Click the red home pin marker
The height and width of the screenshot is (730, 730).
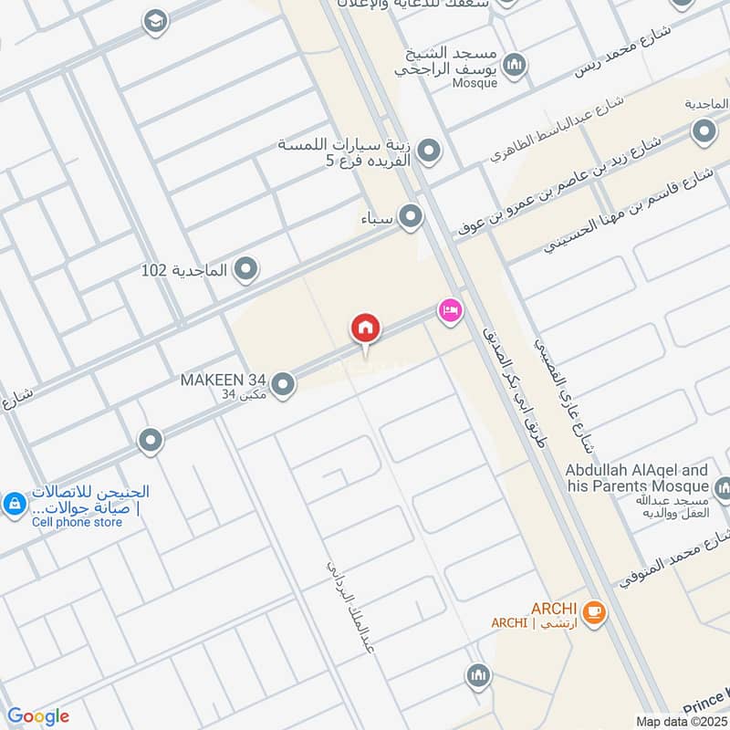[x=366, y=328]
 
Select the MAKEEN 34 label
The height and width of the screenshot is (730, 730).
[x=224, y=379]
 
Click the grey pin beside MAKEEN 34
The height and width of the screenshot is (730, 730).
[x=283, y=385]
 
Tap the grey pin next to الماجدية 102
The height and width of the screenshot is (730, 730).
[x=245, y=269]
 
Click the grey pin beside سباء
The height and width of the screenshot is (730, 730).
[x=412, y=217]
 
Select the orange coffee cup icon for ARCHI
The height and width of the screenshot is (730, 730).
[x=594, y=613]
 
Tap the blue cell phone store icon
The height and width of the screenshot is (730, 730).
[x=15, y=504]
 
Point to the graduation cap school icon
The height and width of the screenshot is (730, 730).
[x=156, y=20]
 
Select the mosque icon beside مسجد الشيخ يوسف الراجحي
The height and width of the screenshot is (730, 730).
[x=515, y=65]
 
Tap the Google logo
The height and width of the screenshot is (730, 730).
[x=37, y=715]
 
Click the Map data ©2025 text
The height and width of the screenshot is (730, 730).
[x=680, y=721]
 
